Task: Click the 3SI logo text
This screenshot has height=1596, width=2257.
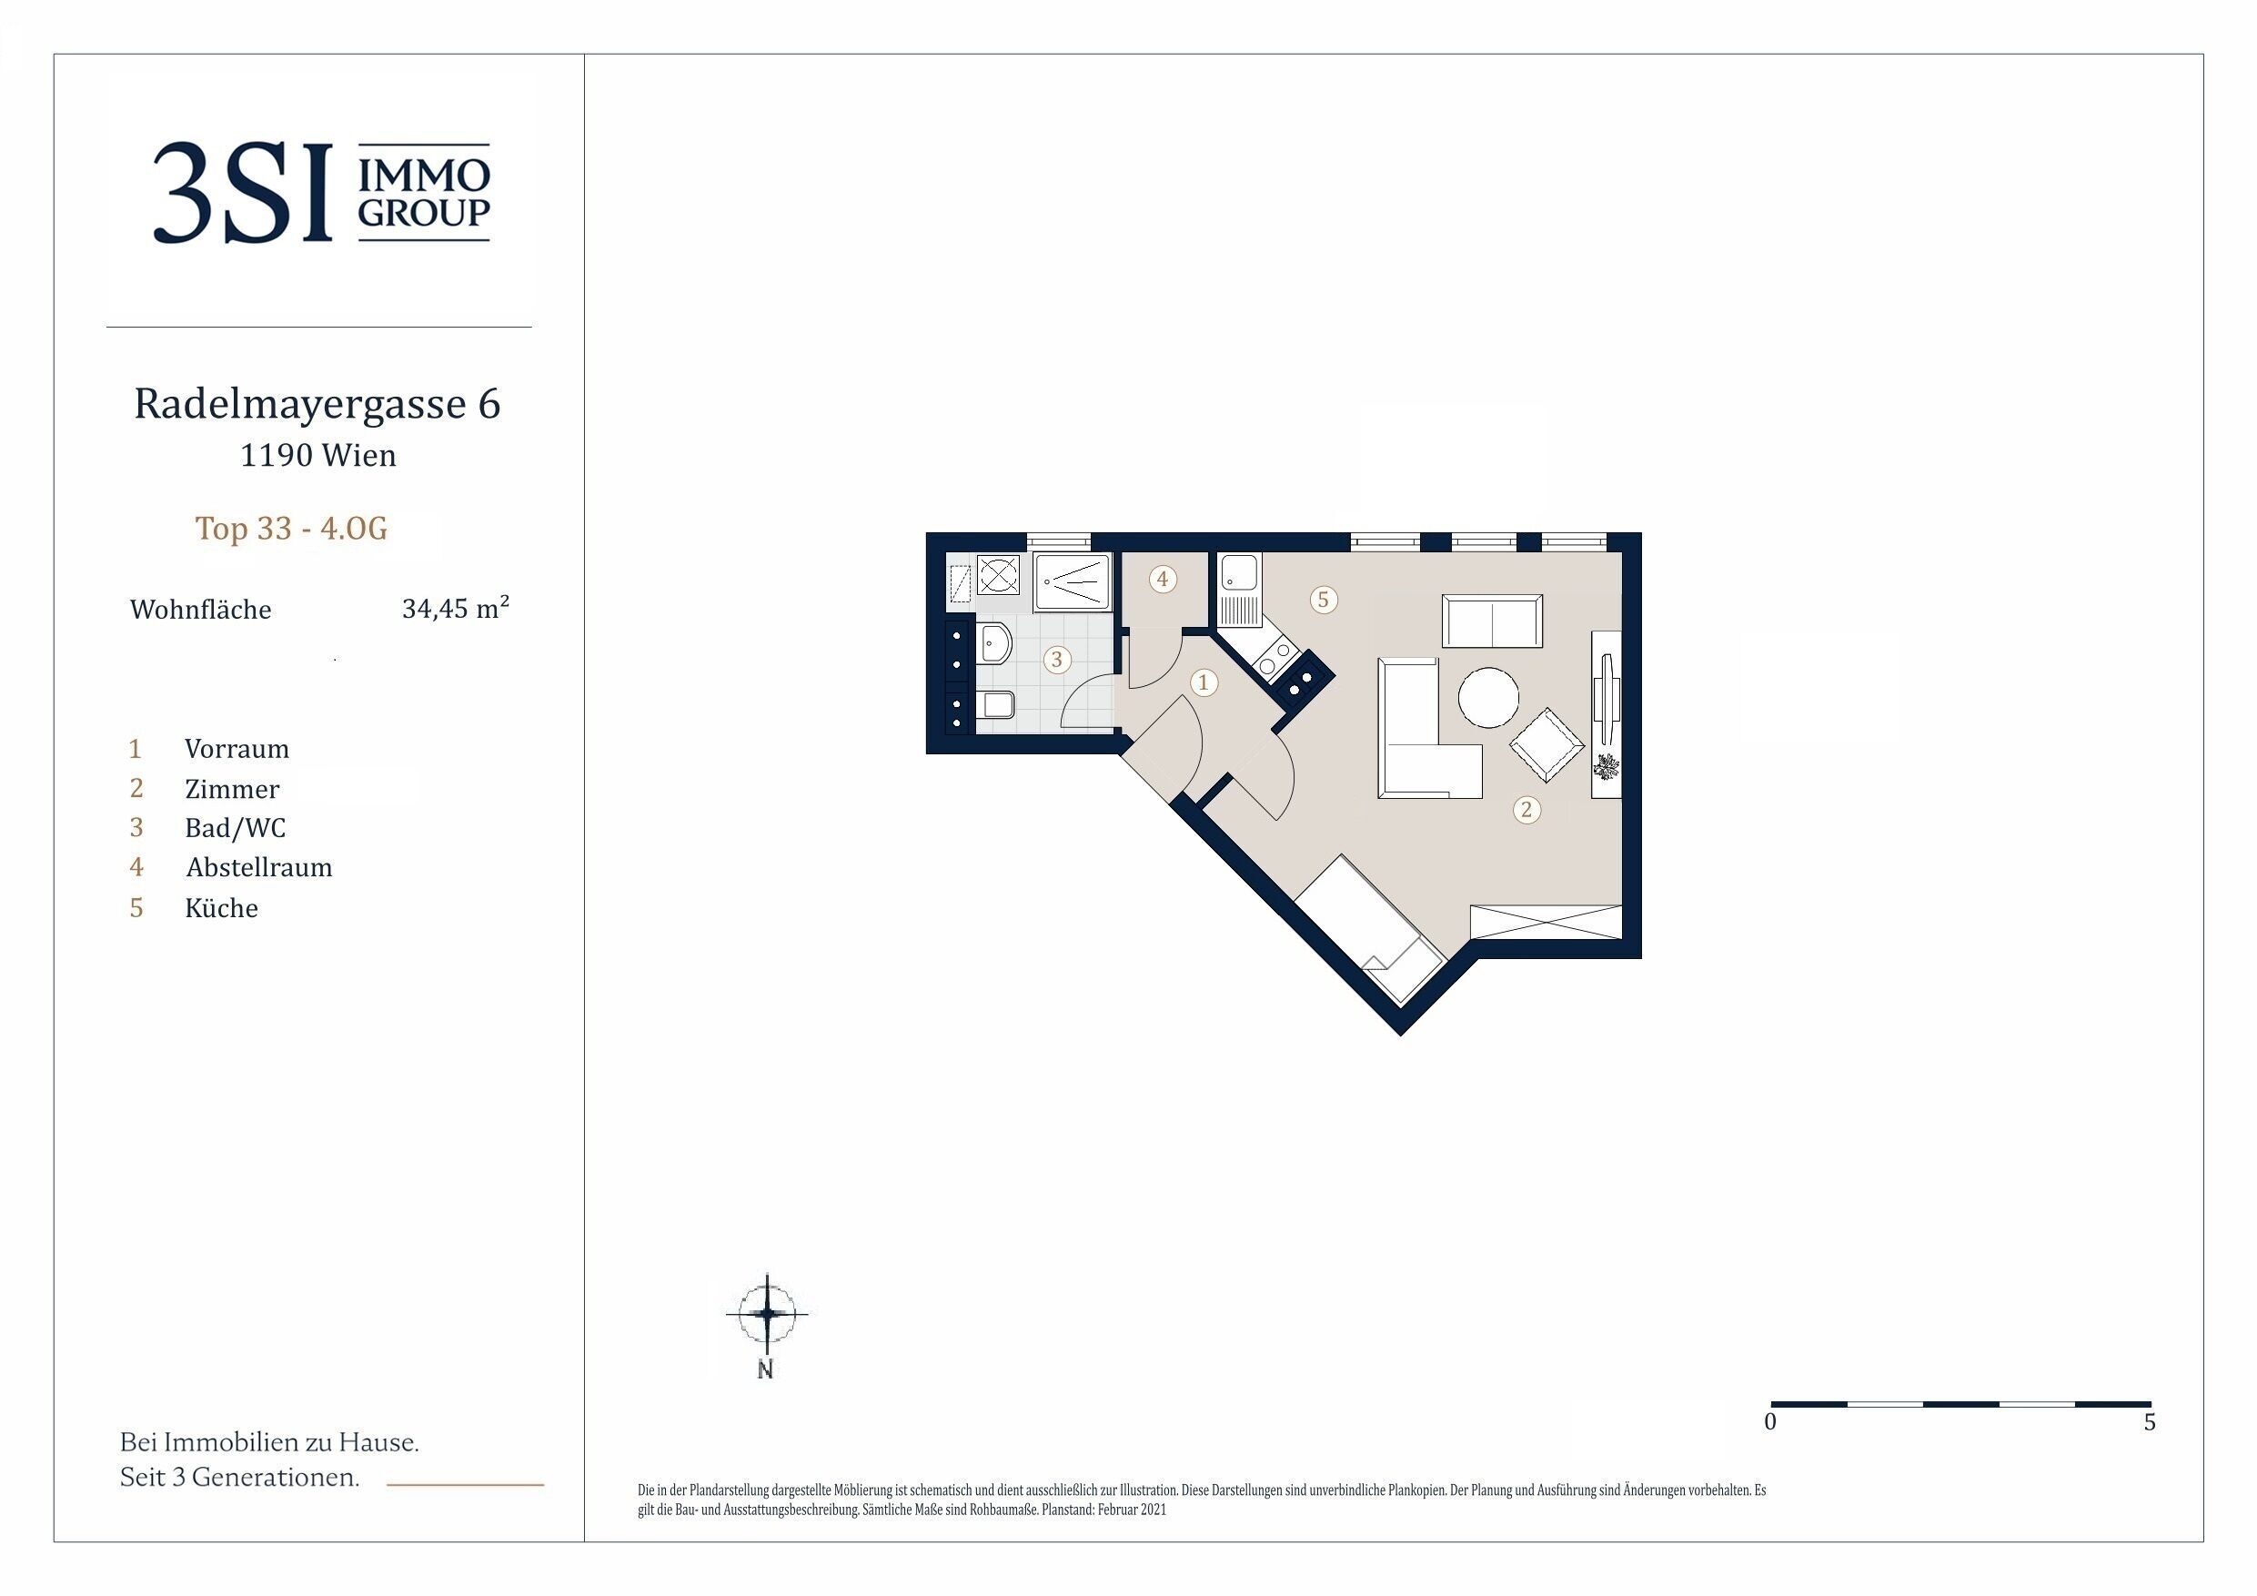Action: (243, 193)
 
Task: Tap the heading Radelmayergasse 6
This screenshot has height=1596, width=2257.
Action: (317, 404)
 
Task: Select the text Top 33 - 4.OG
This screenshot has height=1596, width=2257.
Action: (291, 528)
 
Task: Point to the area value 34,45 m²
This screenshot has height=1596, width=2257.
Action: (455, 608)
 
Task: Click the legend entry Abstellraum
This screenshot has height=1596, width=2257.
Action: (259, 867)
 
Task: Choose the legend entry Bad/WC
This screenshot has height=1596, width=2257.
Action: (235, 828)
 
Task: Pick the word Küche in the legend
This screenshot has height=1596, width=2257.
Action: (221, 907)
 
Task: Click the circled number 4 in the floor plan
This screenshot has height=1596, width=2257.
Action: (1163, 580)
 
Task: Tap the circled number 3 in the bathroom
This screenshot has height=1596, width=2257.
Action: (1057, 659)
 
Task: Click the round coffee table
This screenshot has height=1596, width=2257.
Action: (1488, 697)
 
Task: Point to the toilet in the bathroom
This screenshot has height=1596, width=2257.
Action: (997, 705)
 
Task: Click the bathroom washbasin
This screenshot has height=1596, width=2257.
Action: (996, 643)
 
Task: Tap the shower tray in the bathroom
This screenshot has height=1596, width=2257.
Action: (1073, 583)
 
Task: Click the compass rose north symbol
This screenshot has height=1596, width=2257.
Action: (767, 1313)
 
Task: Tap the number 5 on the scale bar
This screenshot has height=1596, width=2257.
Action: (2150, 1422)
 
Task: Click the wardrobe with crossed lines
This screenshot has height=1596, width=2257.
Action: (1546, 923)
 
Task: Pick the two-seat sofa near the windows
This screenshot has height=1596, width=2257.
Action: (1492, 621)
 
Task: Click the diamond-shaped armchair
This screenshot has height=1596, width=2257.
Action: (1547, 745)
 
